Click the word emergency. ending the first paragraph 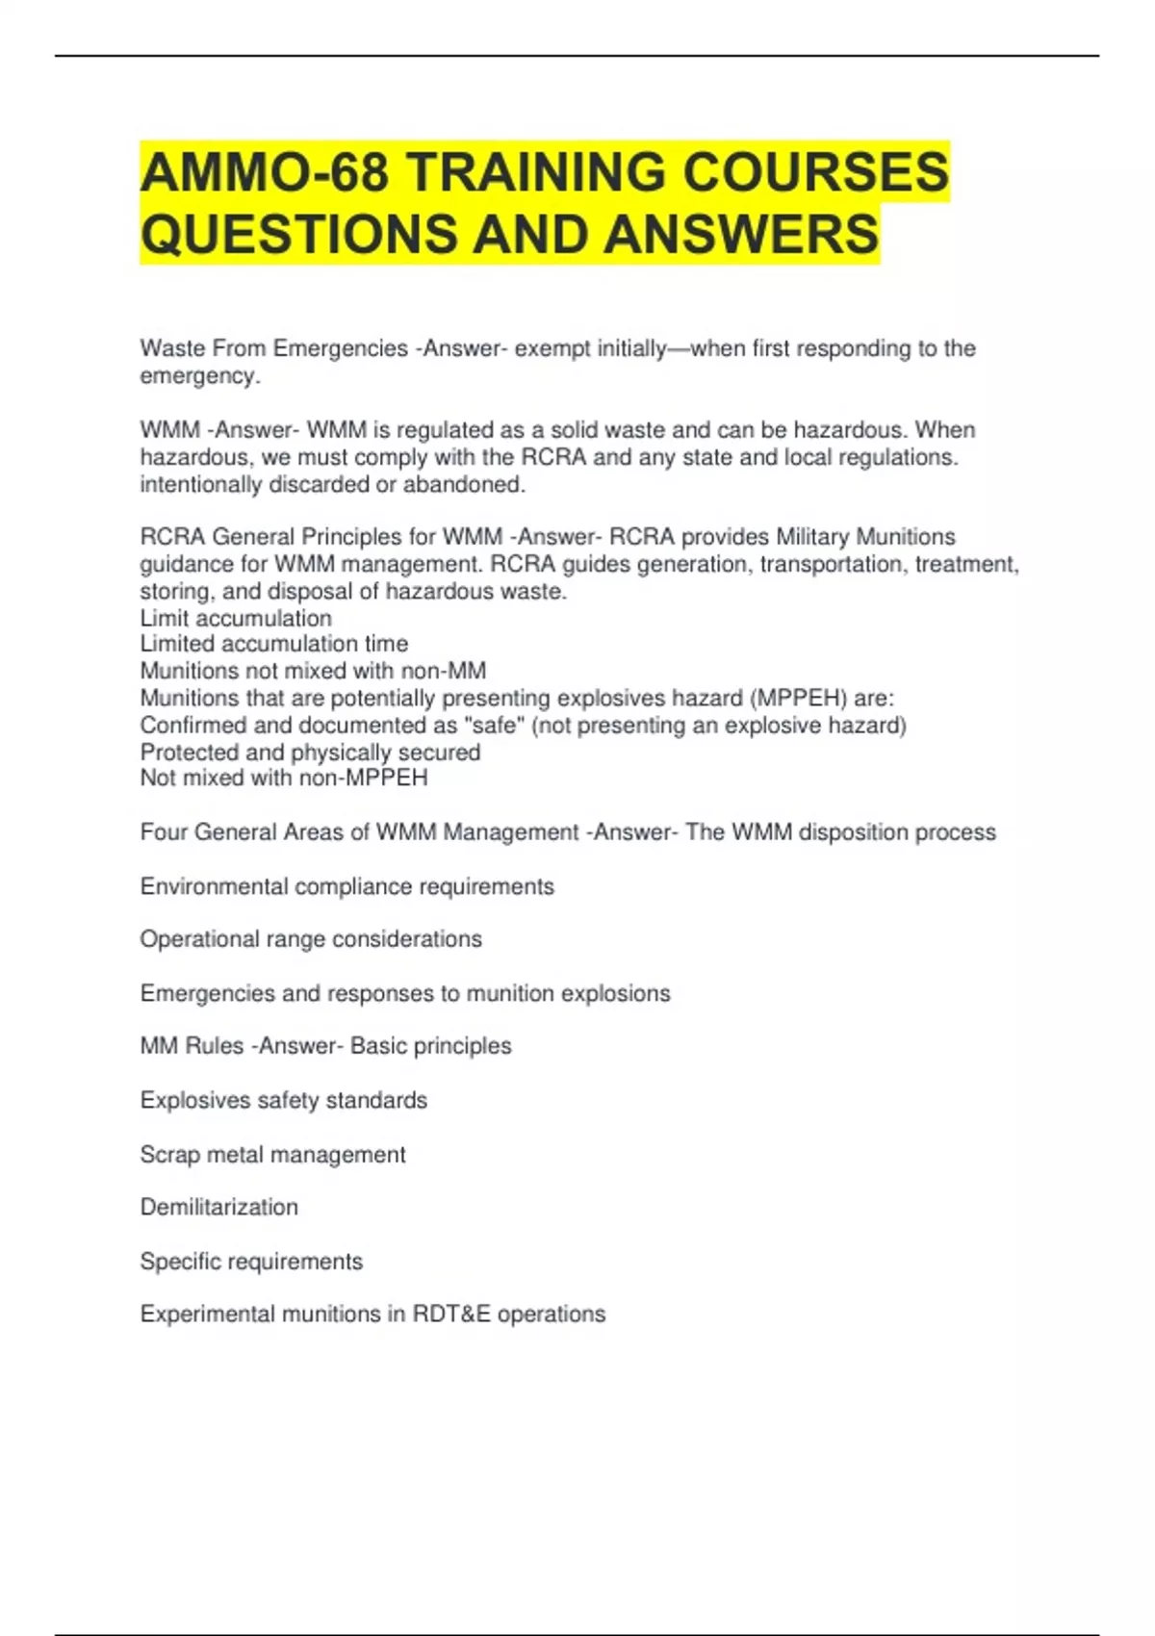pos(200,375)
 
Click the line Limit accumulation pos(236,618)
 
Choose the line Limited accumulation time pos(274,644)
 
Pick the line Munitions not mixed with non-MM pos(313,671)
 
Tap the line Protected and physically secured pos(310,752)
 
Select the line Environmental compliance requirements pos(346,886)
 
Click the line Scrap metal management pos(272,1154)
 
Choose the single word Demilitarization pos(219,1207)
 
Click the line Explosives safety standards pos(283,1100)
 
